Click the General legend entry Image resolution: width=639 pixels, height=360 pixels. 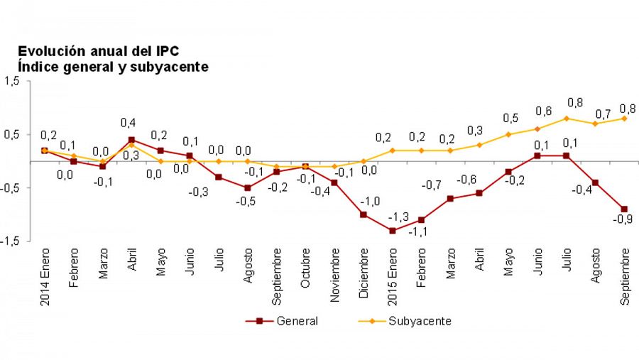283,320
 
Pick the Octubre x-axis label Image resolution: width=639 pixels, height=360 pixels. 305,268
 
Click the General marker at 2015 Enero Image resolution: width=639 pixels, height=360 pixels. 392,230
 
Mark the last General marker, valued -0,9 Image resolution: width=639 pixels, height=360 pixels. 624,209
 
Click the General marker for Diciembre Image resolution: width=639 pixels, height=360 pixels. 364,214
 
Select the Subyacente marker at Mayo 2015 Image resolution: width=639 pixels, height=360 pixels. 508,134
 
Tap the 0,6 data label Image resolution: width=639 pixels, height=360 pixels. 543,111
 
